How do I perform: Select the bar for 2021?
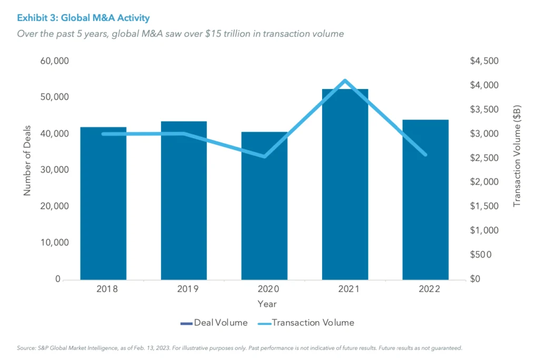tap(345, 184)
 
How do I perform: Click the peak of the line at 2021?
tap(345, 81)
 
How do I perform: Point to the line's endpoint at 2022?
tap(425, 155)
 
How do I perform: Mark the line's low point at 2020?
tap(264, 156)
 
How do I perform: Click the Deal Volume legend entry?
tap(214, 323)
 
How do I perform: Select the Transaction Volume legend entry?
tap(306, 323)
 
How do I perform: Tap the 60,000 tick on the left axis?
tap(55, 61)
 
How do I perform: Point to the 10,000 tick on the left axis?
tap(55, 243)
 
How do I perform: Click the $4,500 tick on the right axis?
tap(483, 61)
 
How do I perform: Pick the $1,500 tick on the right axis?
tap(483, 206)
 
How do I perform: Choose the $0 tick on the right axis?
tap(476, 279)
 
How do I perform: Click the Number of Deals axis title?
tap(27, 161)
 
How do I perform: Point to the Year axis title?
tap(267, 304)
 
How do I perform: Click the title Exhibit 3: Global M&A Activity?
tap(83, 18)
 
